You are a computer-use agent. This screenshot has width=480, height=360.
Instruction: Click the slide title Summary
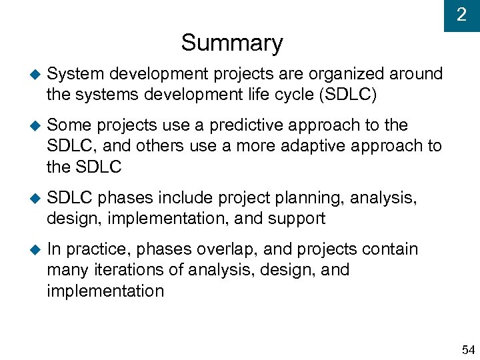pyautogui.click(x=231, y=43)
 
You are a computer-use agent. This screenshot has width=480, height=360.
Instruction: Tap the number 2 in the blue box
pyautogui.click(x=461, y=15)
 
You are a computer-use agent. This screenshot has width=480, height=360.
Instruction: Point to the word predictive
pyautogui.click(x=246, y=125)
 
